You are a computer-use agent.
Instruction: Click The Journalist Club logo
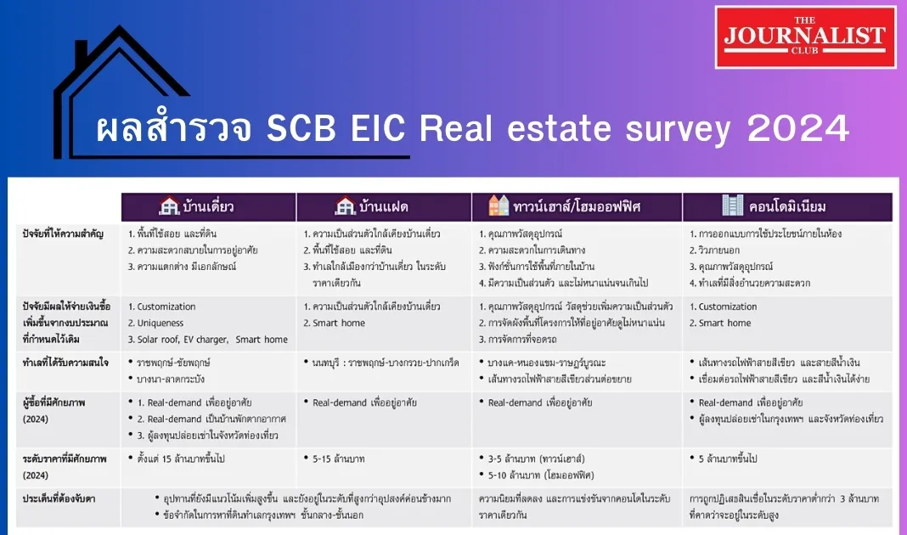(805, 37)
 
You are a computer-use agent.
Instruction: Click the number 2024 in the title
(798, 128)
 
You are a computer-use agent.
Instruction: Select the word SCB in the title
(301, 128)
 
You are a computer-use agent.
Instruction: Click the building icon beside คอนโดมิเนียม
(732, 206)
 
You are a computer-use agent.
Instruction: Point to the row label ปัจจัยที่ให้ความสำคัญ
(63, 234)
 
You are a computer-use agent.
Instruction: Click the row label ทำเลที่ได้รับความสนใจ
(65, 363)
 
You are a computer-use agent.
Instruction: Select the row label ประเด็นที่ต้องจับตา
(59, 498)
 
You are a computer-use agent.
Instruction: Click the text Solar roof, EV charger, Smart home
(212, 340)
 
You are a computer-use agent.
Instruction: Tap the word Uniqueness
(161, 323)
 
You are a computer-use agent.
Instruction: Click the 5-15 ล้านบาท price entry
(338, 459)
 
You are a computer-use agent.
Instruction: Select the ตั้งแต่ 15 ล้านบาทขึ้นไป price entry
(181, 459)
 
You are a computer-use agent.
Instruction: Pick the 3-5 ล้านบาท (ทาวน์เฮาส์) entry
(536, 459)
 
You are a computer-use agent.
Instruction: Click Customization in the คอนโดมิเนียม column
(728, 307)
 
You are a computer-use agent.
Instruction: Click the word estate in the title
(559, 128)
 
